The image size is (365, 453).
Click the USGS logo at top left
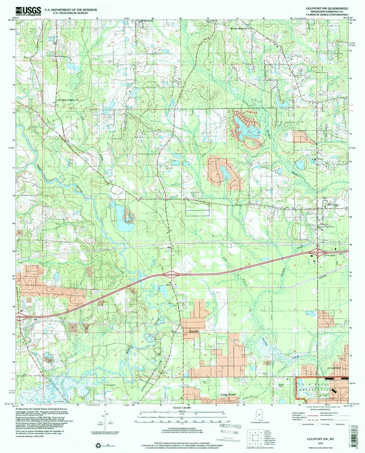[x=28, y=11]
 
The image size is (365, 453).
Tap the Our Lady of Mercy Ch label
[x=66, y=100]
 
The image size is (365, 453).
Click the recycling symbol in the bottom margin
[x=98, y=446]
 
